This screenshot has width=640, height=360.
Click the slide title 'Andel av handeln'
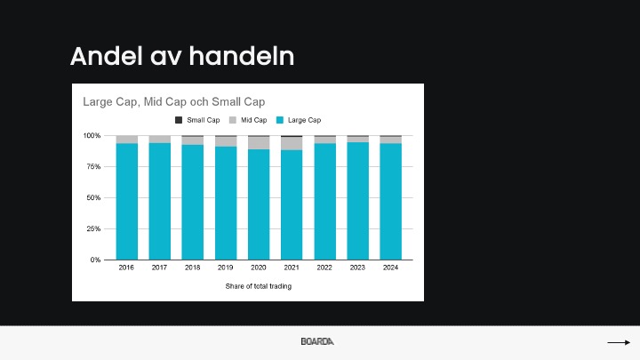tap(182, 56)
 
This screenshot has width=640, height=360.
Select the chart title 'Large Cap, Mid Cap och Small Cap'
tap(174, 101)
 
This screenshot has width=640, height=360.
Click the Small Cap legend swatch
tap(179, 120)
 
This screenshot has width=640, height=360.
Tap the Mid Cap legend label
tap(254, 120)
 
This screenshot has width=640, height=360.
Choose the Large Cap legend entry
tap(299, 120)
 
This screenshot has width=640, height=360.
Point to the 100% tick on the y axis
tap(92, 135)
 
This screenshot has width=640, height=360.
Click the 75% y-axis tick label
tap(93, 166)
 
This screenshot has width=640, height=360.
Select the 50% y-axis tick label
tap(93, 197)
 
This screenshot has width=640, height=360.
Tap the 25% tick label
tap(93, 228)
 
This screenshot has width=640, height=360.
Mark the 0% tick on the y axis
tap(95, 260)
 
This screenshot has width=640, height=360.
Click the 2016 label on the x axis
tap(126, 268)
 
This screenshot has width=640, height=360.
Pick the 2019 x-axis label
tap(225, 268)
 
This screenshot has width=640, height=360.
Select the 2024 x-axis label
tap(390, 268)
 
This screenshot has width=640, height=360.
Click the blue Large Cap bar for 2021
tap(292, 205)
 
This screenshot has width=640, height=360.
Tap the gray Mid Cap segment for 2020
tap(259, 143)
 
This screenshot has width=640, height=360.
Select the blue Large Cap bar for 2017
tap(160, 201)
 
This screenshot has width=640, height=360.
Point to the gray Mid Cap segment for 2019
tap(226, 141)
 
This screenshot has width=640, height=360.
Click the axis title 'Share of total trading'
tap(259, 286)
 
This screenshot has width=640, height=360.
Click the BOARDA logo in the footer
tap(317, 341)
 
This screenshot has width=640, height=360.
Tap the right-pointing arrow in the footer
tap(619, 342)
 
